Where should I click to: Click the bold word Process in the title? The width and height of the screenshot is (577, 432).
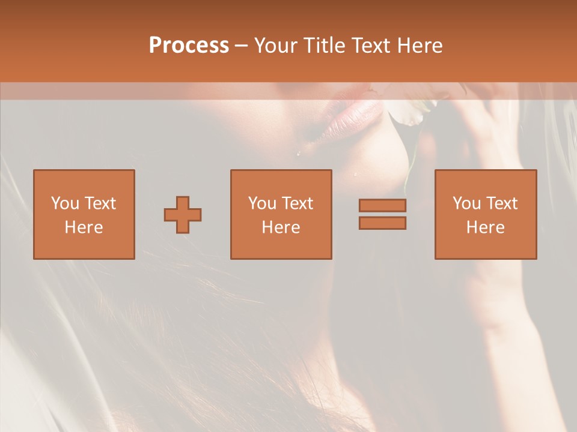(x=189, y=46)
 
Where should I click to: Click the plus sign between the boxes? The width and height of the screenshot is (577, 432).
(x=183, y=215)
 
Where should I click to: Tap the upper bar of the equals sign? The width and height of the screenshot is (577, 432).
(x=382, y=205)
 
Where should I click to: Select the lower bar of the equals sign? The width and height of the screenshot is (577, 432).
(x=382, y=223)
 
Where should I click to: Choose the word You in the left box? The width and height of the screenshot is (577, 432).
(x=65, y=203)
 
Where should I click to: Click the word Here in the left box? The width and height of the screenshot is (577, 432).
(x=84, y=227)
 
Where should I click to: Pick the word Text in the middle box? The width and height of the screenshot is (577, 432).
(x=297, y=203)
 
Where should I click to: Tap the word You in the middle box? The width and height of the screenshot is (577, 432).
(x=262, y=203)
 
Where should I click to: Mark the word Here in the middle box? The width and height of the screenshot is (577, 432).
(x=281, y=227)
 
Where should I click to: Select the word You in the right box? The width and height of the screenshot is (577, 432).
(x=466, y=203)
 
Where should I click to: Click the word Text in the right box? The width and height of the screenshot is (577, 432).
(x=501, y=203)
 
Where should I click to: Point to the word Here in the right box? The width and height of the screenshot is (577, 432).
(x=485, y=227)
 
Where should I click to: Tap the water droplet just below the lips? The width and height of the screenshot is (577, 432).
(x=298, y=154)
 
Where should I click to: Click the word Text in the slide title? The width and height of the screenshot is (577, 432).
(x=367, y=46)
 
